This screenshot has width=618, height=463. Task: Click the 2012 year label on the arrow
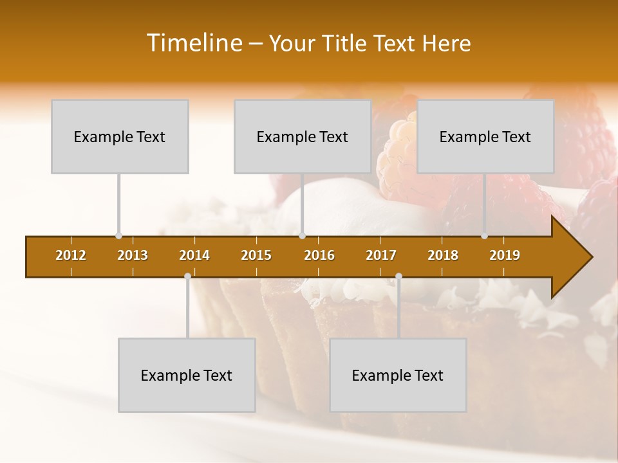click(71, 255)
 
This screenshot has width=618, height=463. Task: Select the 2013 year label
click(133, 255)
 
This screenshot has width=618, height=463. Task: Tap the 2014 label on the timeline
click(194, 255)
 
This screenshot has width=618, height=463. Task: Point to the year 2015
click(256, 255)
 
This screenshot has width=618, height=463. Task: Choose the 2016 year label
click(319, 255)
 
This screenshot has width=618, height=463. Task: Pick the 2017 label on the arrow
click(381, 255)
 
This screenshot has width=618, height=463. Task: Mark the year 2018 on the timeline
click(443, 255)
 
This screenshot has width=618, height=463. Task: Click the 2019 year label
click(505, 255)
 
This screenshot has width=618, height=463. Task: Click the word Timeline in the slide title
click(194, 43)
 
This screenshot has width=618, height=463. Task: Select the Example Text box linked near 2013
click(120, 136)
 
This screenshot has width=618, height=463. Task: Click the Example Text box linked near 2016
click(303, 136)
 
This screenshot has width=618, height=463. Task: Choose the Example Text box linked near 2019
click(485, 136)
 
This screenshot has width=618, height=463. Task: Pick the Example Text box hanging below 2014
click(187, 375)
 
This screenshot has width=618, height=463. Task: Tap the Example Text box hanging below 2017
click(398, 375)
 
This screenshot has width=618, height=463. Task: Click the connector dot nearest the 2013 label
click(118, 236)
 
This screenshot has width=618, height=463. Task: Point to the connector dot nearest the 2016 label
click(302, 236)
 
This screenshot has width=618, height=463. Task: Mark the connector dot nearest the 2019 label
click(484, 236)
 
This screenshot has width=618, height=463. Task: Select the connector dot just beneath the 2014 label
click(187, 276)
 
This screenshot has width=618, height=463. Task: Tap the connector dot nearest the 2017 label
click(398, 276)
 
